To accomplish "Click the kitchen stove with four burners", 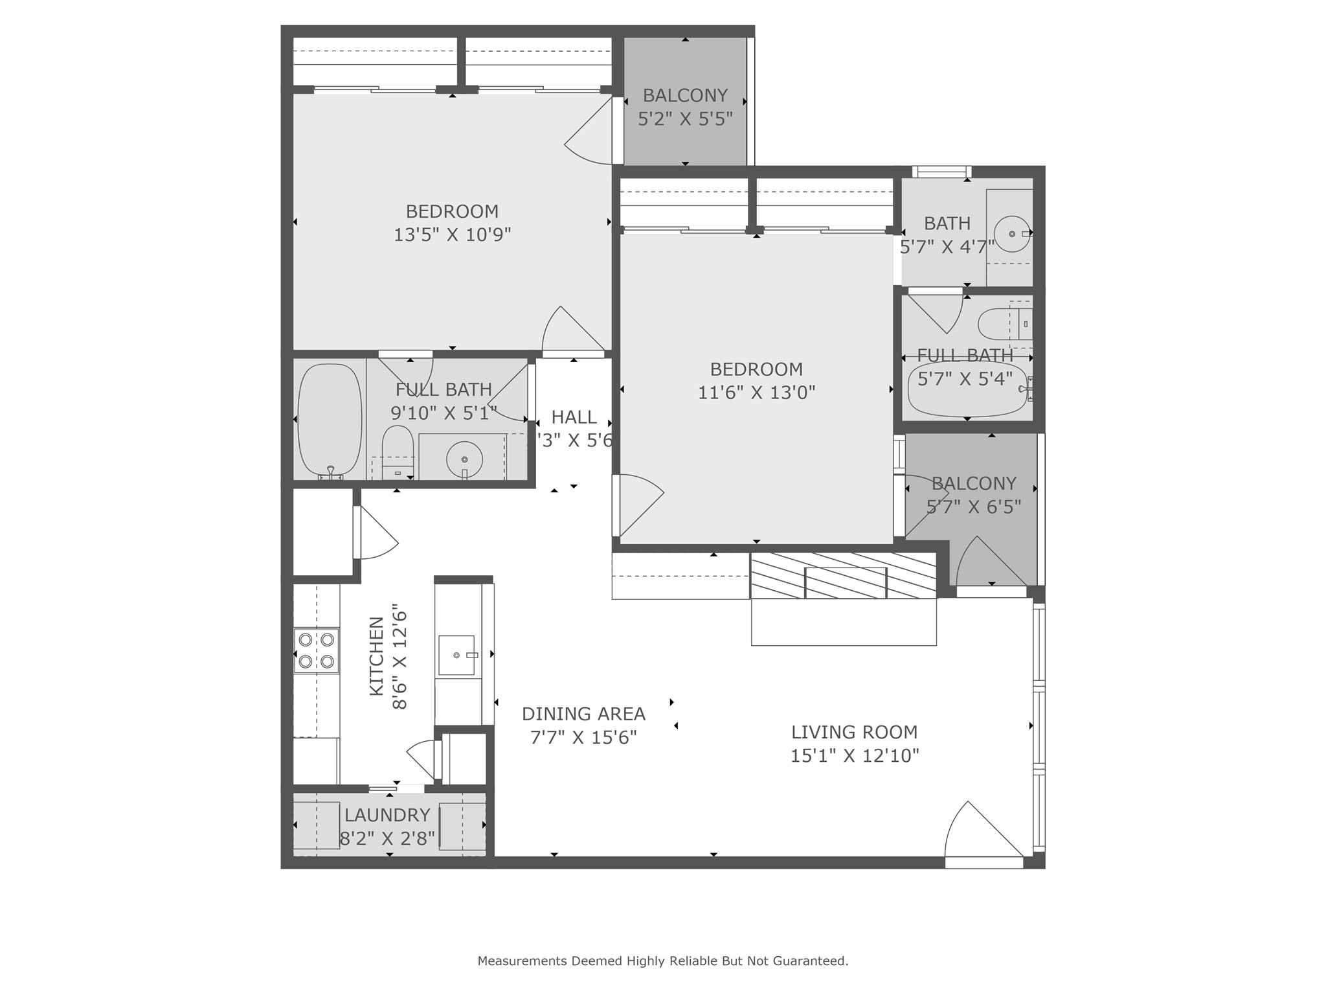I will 317,650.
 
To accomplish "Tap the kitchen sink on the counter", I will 458,656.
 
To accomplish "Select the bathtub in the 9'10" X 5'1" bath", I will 330,420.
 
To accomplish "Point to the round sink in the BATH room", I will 1012,234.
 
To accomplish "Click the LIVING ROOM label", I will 854,732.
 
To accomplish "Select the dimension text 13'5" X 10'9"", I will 452,234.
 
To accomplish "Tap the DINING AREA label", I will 583,714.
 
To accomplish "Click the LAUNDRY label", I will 387,815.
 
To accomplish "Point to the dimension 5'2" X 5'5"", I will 685,119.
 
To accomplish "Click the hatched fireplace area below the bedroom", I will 844,575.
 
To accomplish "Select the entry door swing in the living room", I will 981,832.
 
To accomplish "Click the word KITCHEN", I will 376,656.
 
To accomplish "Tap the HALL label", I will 574,417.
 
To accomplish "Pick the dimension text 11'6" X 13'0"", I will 756,393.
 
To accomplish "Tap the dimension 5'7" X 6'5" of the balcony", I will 973,507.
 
